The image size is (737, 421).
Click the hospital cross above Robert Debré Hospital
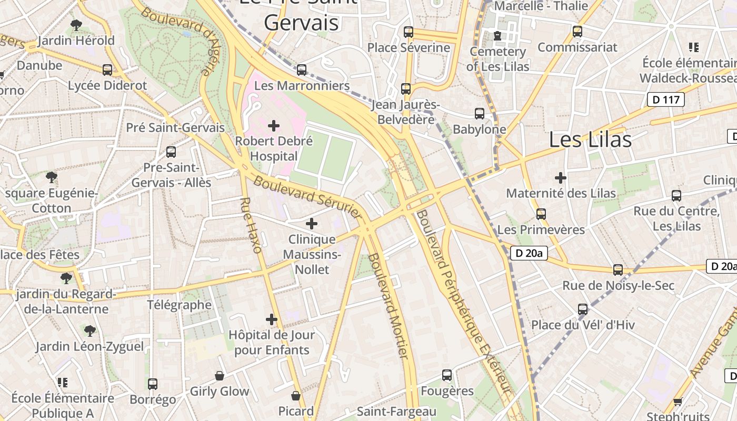[x=274, y=126]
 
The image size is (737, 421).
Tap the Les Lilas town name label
[x=590, y=139]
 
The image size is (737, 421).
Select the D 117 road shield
[x=665, y=99]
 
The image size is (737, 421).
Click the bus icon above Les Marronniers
[x=302, y=69]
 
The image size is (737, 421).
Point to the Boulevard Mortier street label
[x=389, y=306]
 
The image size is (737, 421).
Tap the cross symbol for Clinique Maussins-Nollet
[x=312, y=224]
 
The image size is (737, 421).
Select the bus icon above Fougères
[x=447, y=375]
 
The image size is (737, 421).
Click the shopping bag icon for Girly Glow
[x=220, y=376]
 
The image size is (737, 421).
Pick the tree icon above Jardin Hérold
[x=76, y=25]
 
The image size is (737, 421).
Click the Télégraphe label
[x=179, y=305]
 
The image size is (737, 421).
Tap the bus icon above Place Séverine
[x=409, y=32]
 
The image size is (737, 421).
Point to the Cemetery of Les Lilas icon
[x=497, y=36]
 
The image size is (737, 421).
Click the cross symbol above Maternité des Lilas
[x=561, y=177]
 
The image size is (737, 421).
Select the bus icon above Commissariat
[x=577, y=32]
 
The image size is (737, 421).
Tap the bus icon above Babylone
[x=480, y=114]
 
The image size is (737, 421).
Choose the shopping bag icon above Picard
[x=296, y=396]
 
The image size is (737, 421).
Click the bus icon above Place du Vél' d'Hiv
[x=583, y=309]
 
